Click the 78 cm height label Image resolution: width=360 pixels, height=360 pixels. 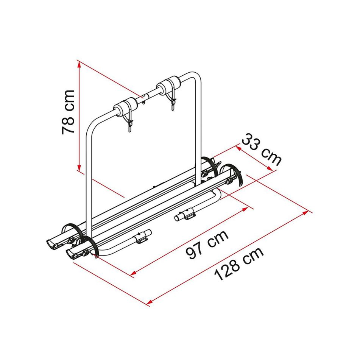tap(69, 112)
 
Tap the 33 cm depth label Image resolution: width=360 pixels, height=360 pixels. tap(262, 150)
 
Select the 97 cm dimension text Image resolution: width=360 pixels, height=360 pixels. tap(207, 244)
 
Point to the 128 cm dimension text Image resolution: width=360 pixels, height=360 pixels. tap(239, 263)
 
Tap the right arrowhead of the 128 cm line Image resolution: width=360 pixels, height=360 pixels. tap(306, 212)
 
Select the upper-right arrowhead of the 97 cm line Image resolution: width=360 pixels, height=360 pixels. tap(245, 209)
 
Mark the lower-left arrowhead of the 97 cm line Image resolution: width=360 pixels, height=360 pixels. tap(133, 273)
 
